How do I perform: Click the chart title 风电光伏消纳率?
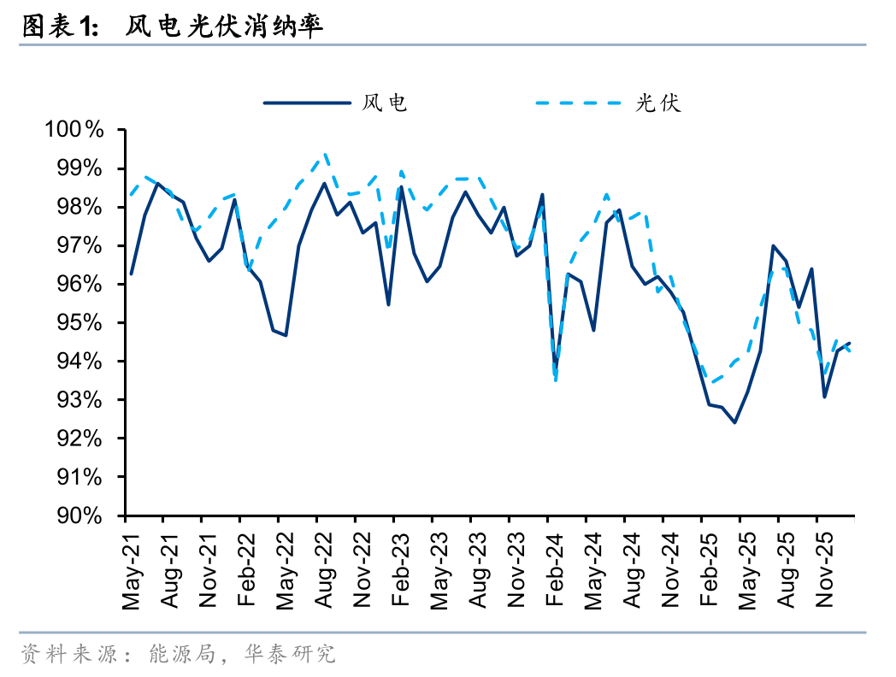(x=224, y=27)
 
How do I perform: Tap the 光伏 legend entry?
(x=657, y=103)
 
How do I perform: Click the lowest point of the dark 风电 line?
(x=734, y=422)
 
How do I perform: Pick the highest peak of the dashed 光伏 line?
(x=324, y=156)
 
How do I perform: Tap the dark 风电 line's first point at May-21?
(x=131, y=274)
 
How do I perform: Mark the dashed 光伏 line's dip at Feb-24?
(x=556, y=380)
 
